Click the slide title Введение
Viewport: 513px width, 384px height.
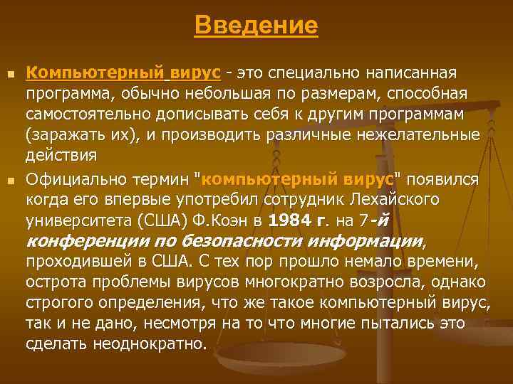(x=256, y=26)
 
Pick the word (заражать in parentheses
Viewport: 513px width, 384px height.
(x=59, y=134)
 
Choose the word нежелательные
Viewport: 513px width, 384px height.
(x=427, y=134)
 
